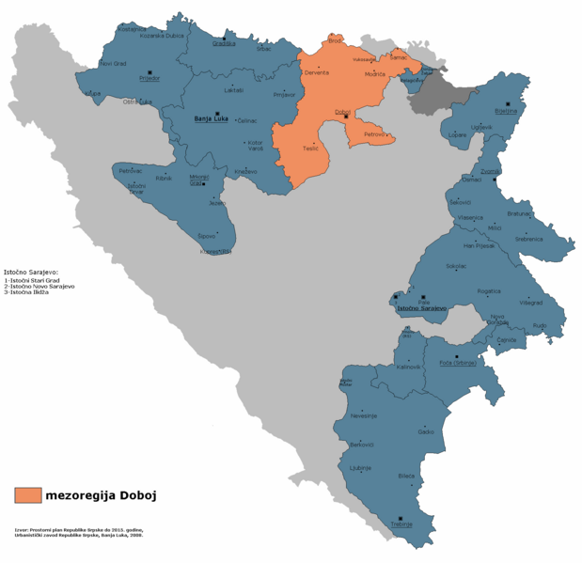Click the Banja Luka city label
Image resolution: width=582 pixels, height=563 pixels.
211,119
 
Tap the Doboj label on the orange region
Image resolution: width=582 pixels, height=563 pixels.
343,112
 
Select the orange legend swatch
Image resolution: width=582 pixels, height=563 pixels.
28,495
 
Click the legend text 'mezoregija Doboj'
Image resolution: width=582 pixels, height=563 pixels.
101,495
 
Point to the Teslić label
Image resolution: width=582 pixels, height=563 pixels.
310,149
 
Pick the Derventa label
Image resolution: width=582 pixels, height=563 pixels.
317,72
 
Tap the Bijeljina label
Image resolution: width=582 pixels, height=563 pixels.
506,110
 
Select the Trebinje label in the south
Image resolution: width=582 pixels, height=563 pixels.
401,524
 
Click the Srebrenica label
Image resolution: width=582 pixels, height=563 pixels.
528,239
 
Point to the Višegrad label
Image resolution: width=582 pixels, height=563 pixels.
531,303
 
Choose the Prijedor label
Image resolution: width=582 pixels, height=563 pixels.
149,79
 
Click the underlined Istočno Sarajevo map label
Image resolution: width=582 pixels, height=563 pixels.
420,308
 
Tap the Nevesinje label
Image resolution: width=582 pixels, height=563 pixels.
363,414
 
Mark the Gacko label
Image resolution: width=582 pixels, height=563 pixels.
426,431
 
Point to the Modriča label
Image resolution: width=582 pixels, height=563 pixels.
375,73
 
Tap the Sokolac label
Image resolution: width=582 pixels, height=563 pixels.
456,266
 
